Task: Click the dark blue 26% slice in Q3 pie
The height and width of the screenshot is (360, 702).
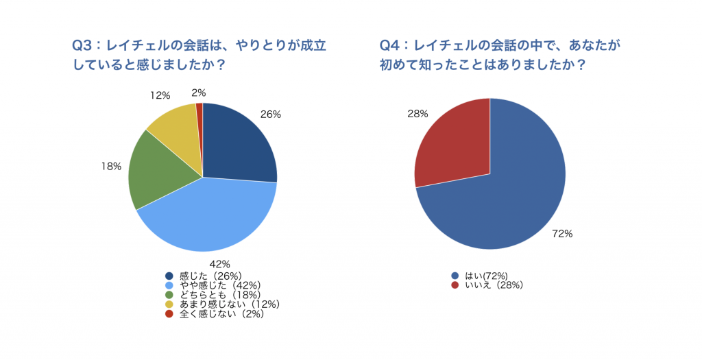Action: (237, 144)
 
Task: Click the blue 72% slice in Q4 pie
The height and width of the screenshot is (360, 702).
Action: (507, 199)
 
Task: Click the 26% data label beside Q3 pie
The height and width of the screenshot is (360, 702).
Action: (271, 115)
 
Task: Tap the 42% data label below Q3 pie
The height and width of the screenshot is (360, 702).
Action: (219, 264)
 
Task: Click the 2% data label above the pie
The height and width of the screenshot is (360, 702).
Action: (199, 93)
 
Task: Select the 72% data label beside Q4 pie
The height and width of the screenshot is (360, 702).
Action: (562, 233)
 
